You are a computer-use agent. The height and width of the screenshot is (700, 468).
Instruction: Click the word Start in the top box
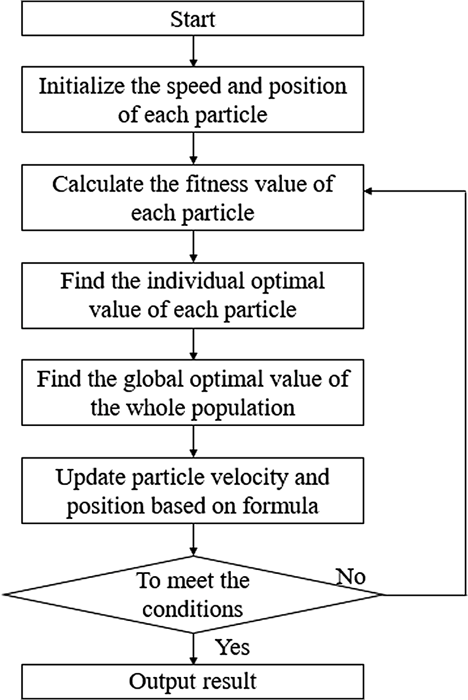193,20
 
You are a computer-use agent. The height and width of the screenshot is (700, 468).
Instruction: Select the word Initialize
82,86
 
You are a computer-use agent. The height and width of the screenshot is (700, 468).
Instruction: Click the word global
154,379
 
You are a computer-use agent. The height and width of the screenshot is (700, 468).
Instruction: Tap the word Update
91,477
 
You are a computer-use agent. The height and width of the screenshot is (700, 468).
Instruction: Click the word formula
280,506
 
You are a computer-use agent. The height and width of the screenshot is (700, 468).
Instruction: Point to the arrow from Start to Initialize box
193,51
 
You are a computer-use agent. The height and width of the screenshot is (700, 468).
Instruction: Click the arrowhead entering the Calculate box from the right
368,191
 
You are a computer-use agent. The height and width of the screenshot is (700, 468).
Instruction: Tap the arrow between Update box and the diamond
193,540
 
